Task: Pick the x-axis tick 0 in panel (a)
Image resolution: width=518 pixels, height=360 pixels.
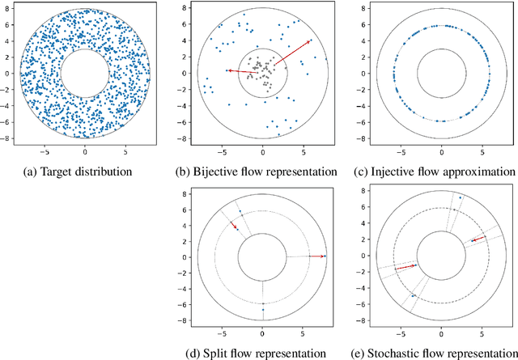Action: click(x=85, y=150)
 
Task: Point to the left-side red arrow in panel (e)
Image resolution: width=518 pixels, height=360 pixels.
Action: click(x=405, y=266)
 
